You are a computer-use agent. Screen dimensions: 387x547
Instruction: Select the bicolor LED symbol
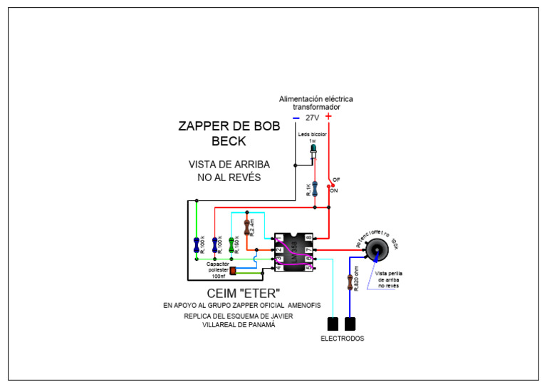[314, 150]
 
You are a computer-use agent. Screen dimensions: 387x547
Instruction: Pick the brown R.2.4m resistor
[247, 227]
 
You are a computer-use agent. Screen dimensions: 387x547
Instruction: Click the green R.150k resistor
[231, 244]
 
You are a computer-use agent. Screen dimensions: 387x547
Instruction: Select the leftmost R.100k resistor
[196, 244]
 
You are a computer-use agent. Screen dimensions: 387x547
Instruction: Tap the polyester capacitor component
[232, 271]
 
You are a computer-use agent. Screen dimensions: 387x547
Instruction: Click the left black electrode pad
[332, 324]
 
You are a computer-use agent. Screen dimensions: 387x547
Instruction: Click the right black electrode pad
[350, 324]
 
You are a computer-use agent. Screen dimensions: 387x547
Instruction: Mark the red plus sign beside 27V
[328, 117]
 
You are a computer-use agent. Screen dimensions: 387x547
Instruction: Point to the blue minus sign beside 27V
[296, 118]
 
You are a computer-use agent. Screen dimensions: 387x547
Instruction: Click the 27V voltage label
[312, 118]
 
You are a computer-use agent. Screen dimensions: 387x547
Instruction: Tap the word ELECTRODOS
[342, 339]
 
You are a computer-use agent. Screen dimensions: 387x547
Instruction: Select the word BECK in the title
[229, 142]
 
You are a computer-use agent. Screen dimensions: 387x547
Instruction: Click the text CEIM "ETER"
[243, 292]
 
